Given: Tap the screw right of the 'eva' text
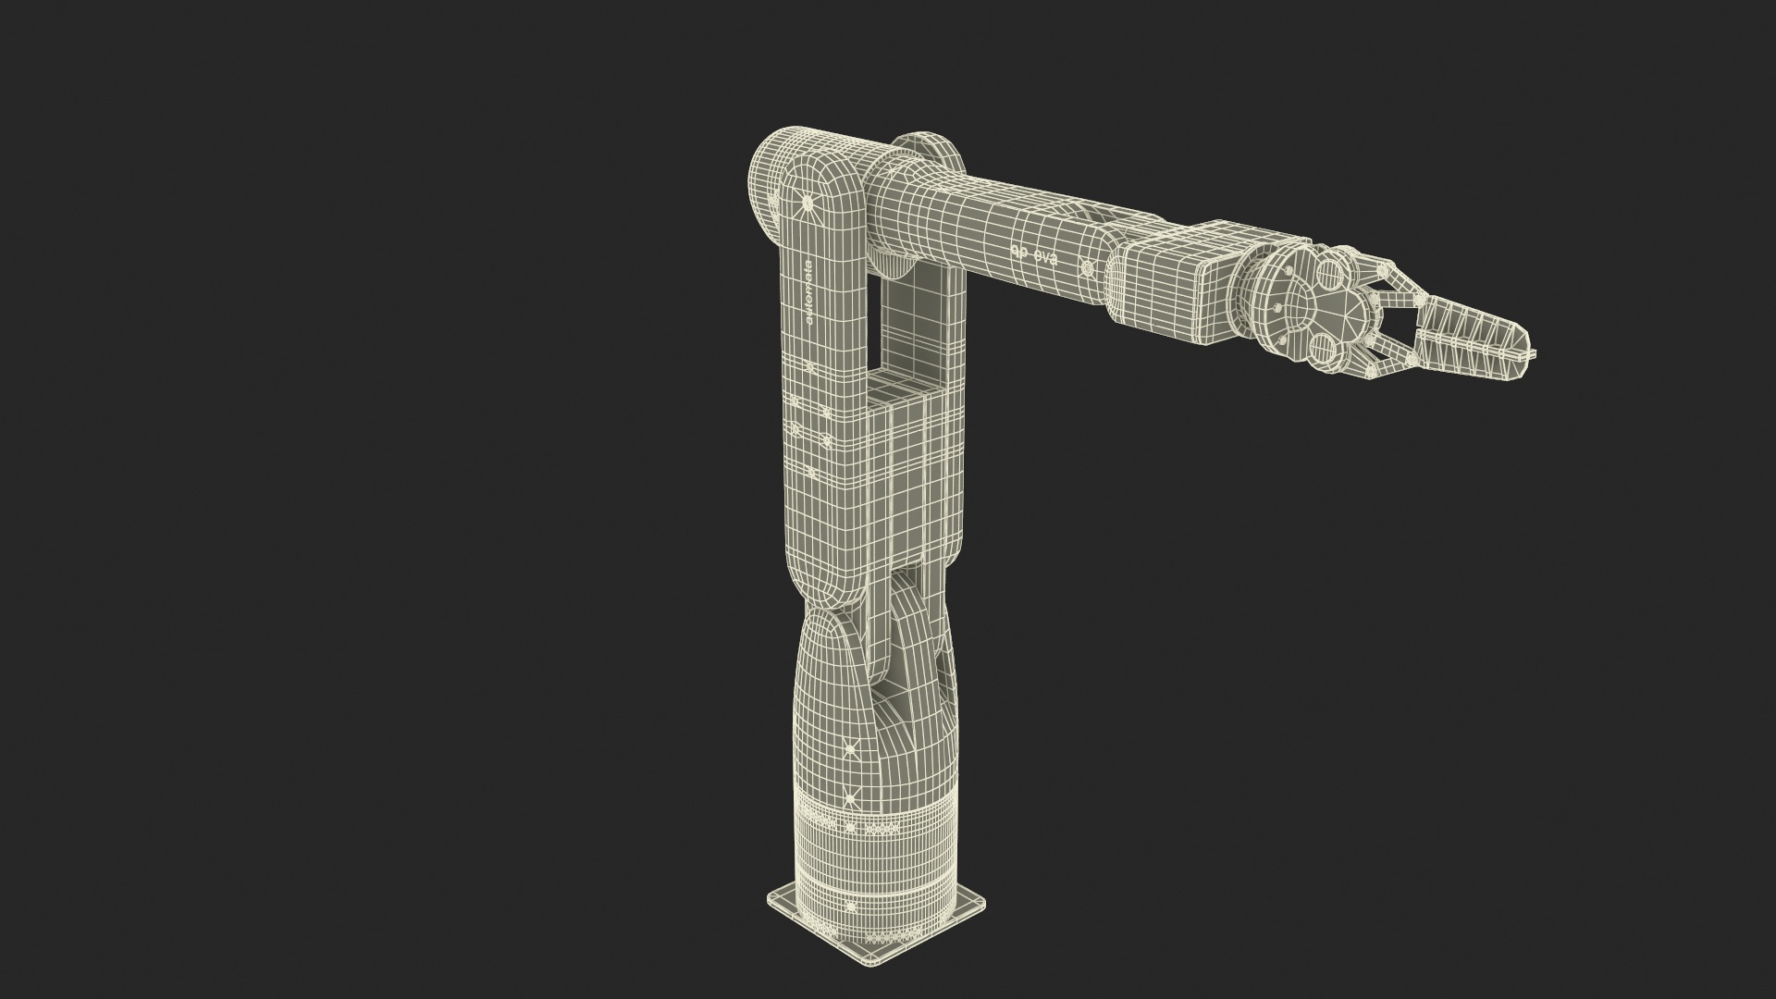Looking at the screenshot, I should [x=1088, y=268].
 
